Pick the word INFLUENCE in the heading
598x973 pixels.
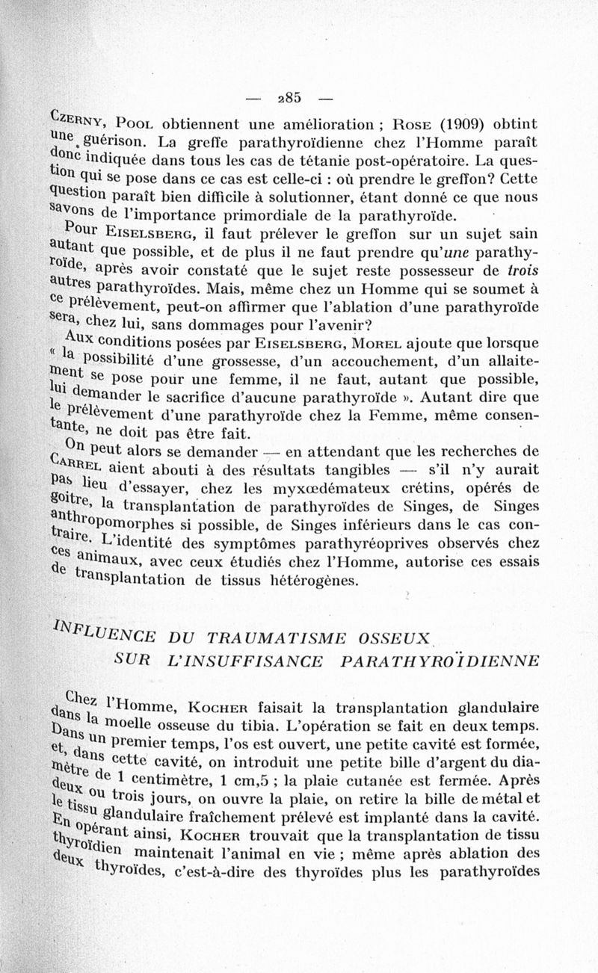[x=104, y=632]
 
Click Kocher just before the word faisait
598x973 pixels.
[x=218, y=707]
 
